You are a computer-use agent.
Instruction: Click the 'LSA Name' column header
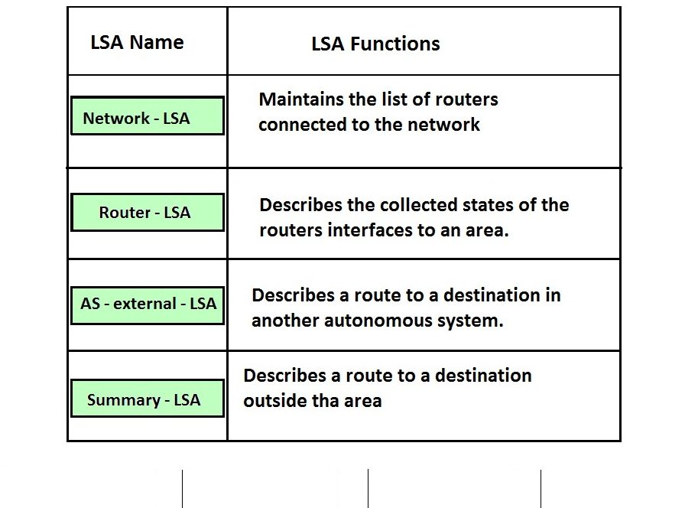tap(137, 42)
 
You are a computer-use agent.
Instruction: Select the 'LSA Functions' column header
tap(375, 44)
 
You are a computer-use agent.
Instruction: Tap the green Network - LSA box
tap(148, 116)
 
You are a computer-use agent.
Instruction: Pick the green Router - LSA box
tap(148, 213)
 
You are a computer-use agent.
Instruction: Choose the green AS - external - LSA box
tap(148, 305)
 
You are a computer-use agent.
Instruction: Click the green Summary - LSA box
tap(148, 399)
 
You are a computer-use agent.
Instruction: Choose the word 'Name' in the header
tap(157, 42)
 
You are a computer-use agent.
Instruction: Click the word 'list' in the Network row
tap(396, 99)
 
